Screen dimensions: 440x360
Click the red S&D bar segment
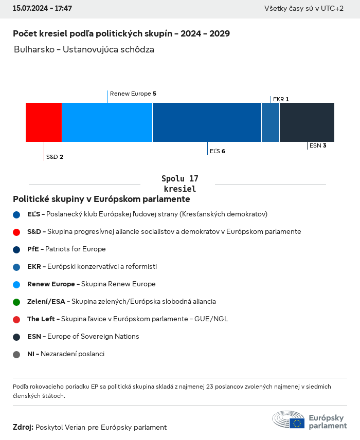pyautogui.click(x=44, y=122)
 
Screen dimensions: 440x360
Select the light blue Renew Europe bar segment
pyautogui.click(x=107, y=122)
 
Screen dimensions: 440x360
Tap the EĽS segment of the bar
pyautogui.click(x=207, y=122)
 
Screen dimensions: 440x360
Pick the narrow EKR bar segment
pyautogui.click(x=271, y=122)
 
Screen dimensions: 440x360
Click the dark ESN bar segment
pyautogui.click(x=307, y=122)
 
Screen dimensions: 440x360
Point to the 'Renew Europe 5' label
pyautogui.click(x=133, y=94)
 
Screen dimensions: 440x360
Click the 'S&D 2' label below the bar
pyautogui.click(x=55, y=157)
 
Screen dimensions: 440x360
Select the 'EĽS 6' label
pyautogui.click(x=218, y=151)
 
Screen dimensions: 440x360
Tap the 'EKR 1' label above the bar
pyautogui.click(x=281, y=99)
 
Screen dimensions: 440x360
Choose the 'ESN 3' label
pyautogui.click(x=318, y=145)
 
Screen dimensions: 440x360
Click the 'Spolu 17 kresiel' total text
pyautogui.click(x=179, y=184)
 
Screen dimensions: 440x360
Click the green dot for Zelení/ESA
pyautogui.click(x=16, y=302)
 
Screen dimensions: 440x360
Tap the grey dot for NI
pyautogui.click(x=16, y=354)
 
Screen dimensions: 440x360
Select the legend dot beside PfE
pyautogui.click(x=16, y=249)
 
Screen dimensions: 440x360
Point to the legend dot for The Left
pyautogui.click(x=16, y=319)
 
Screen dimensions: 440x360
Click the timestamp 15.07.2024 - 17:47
pyautogui.click(x=42, y=9)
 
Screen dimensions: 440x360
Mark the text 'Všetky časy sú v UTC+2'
pyautogui.click(x=304, y=9)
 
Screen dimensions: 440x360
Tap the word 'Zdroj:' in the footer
pyautogui.click(x=23, y=427)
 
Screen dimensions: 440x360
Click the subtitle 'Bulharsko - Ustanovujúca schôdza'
pyautogui.click(x=84, y=50)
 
